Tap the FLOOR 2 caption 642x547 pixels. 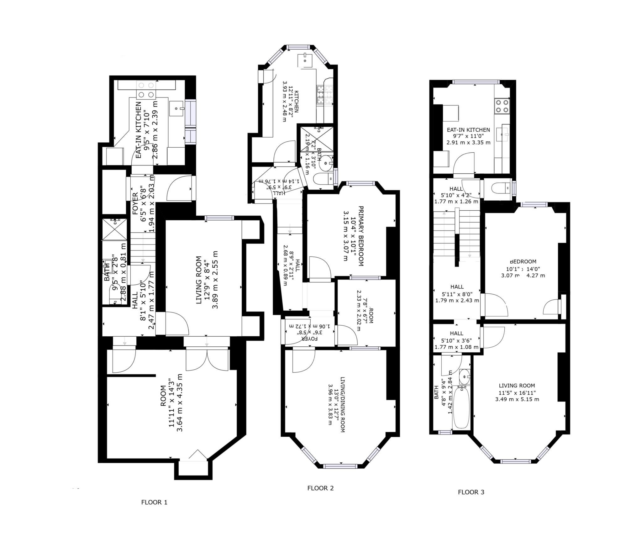click(x=320, y=488)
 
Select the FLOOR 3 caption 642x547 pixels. click(x=471, y=492)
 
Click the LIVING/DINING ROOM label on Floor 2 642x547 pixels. click(x=342, y=404)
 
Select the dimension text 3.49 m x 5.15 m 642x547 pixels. click(x=517, y=399)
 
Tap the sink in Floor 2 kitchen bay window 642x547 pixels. click(x=305, y=60)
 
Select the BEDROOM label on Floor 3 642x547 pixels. click(x=523, y=261)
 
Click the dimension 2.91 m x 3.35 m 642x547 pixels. click(x=468, y=142)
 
